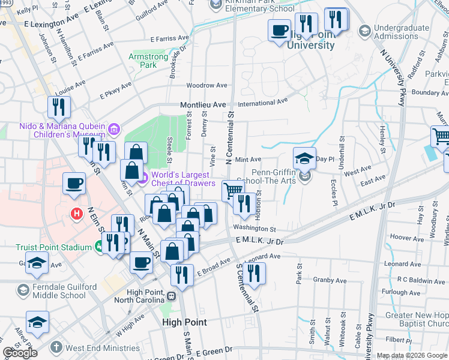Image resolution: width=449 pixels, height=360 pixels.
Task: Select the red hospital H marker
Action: click(x=76, y=213)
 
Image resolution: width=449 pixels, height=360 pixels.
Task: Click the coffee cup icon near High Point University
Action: click(x=279, y=30)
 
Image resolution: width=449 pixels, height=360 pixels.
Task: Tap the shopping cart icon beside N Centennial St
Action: click(x=232, y=191)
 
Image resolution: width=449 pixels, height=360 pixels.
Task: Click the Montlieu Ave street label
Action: click(x=203, y=104)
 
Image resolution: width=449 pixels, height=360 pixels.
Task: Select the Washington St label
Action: click(x=255, y=229)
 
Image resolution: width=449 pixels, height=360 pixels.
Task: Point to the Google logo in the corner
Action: click(x=20, y=352)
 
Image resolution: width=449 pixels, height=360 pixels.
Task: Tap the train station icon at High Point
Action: click(x=172, y=296)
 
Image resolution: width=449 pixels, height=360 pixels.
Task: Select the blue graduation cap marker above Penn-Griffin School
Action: click(x=304, y=158)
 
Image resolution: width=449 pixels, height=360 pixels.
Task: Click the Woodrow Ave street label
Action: click(x=206, y=85)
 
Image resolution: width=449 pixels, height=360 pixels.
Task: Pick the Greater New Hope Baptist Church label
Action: click(x=417, y=319)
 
